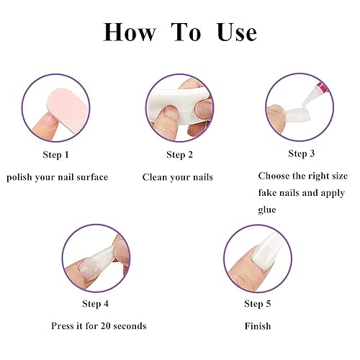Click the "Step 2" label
click(x=179, y=154)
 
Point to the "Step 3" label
click(x=302, y=153)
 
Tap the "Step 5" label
click(x=258, y=303)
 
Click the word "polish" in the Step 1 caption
click(x=21, y=177)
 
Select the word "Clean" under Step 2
click(x=156, y=177)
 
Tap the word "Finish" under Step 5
click(x=258, y=326)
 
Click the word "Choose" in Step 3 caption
click(x=274, y=176)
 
